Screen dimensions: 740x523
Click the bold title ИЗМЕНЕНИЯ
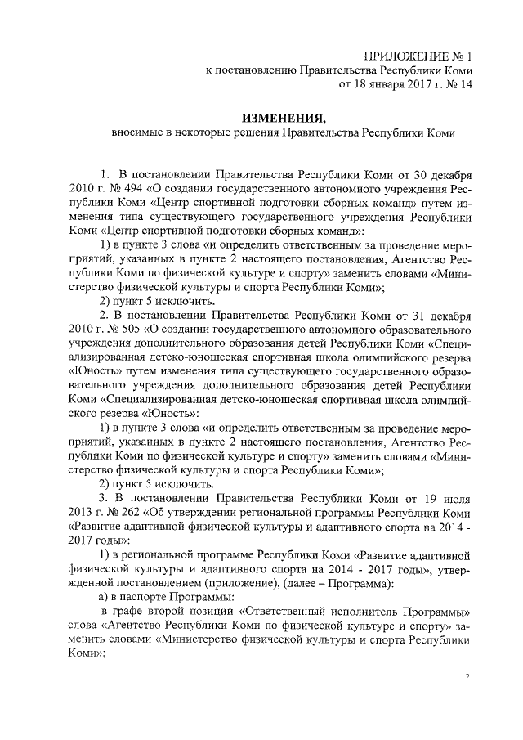pos(284,116)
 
